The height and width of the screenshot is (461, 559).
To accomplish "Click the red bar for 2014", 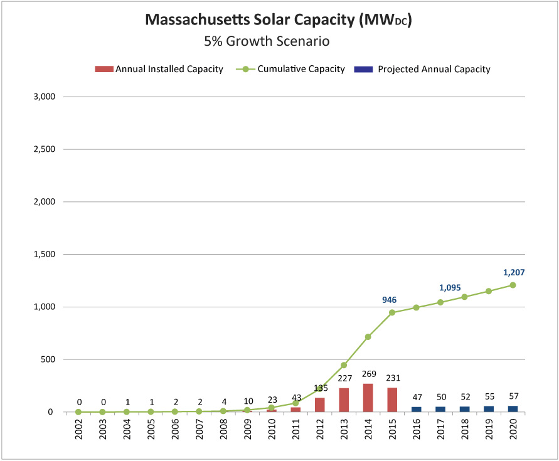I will pyautogui.click(x=368, y=398).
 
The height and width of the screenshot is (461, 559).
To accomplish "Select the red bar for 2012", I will pyautogui.click(x=320, y=405).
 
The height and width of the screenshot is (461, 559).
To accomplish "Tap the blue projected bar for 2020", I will pyautogui.click(x=513, y=409).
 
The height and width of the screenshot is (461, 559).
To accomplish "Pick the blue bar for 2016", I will pyautogui.click(x=417, y=410).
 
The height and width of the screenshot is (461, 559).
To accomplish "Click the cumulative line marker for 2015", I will pyautogui.click(x=392, y=312).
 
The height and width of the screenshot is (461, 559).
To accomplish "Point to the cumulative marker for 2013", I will pyautogui.click(x=344, y=365).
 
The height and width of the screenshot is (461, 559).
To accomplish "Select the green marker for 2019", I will pyautogui.click(x=489, y=291).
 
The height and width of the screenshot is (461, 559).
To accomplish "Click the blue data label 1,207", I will pyautogui.click(x=513, y=273).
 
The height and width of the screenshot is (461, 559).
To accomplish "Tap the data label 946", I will pyautogui.click(x=389, y=300).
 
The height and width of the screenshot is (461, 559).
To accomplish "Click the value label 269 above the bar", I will pyautogui.click(x=368, y=374).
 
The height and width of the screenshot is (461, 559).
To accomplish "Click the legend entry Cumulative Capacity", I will pyautogui.click(x=301, y=70).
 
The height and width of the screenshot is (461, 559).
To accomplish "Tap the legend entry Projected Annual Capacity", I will pyautogui.click(x=434, y=70).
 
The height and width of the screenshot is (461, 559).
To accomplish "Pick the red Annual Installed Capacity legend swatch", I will pyautogui.click(x=104, y=70).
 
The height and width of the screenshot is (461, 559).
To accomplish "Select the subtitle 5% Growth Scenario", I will pyautogui.click(x=267, y=42).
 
